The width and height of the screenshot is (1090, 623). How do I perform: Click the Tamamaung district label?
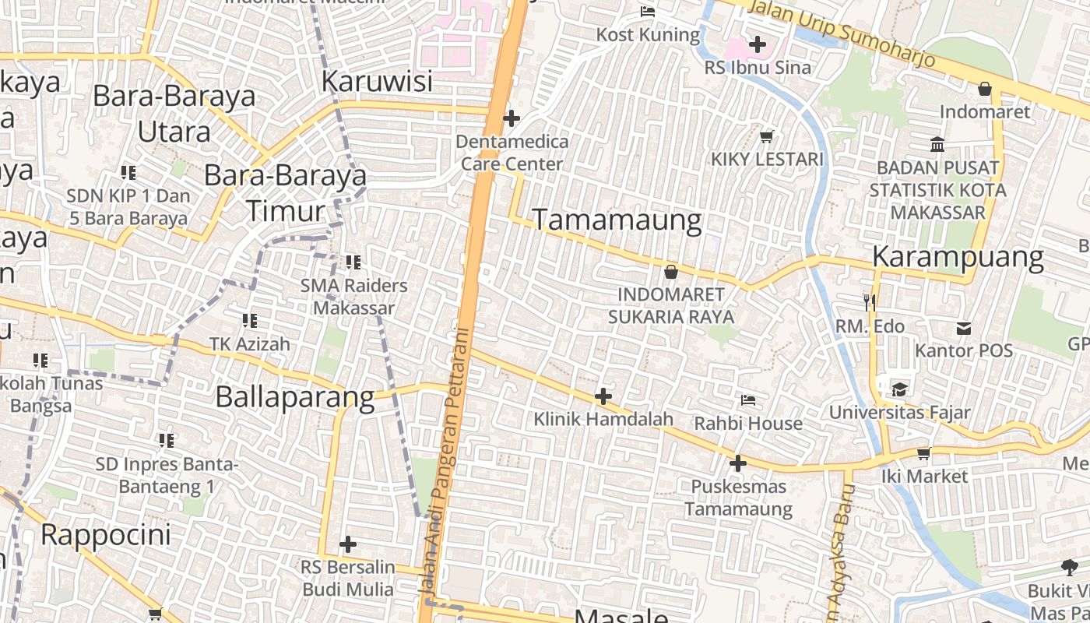tap(617, 220)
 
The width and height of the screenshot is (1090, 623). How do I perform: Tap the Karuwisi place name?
tap(377, 80)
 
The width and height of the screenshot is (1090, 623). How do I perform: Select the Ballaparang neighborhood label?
tap(295, 396)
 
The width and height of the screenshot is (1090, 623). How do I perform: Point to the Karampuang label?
tap(958, 256)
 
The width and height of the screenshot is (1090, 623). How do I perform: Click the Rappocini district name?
tap(105, 535)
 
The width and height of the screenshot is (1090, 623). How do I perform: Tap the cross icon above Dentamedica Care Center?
tap(512, 118)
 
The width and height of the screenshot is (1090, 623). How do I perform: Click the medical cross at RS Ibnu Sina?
tap(758, 44)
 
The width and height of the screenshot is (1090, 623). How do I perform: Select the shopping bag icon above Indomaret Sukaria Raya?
tap(670, 272)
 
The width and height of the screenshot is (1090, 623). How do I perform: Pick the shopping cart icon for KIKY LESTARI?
tap(766, 136)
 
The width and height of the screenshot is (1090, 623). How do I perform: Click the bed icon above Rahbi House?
tap(748, 400)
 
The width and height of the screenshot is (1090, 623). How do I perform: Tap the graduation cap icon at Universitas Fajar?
tap(899, 389)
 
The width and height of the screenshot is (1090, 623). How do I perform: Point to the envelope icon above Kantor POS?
tap(964, 328)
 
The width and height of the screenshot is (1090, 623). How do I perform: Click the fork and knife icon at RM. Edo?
tap(870, 301)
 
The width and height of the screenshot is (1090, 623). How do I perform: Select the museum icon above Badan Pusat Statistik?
tap(937, 144)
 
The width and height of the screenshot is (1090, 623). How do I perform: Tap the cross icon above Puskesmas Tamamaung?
tap(737, 463)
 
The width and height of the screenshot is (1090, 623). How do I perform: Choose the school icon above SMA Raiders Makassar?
tap(354, 262)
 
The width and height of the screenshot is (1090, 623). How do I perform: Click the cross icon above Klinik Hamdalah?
tap(603, 396)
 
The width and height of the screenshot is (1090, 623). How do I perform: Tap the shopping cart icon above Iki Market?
tap(924, 453)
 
